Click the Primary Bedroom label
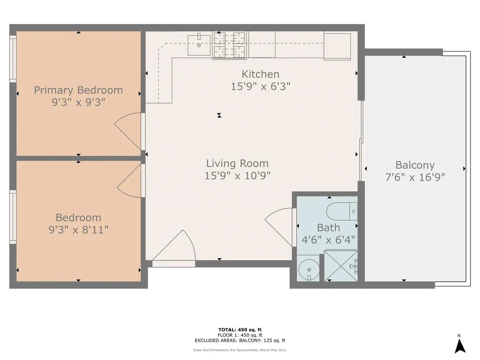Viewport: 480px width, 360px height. point(78,90)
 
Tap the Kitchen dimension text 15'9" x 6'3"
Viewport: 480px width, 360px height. point(260,86)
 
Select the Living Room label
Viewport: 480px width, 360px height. point(237,164)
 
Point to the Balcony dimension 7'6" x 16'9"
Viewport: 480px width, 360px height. point(415,177)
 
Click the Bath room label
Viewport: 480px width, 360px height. point(329,228)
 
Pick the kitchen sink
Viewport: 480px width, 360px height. point(199,45)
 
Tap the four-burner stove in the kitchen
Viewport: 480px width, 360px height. point(230,45)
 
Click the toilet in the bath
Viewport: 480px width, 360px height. point(342,211)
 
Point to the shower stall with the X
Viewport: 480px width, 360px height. point(341,266)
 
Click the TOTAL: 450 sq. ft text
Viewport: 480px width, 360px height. point(240,330)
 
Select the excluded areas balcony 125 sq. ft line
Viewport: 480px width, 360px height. point(240,340)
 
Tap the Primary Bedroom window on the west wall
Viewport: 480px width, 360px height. point(13,59)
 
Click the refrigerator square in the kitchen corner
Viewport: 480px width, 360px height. point(337,46)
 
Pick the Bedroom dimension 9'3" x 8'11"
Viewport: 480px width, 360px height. point(78,230)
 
